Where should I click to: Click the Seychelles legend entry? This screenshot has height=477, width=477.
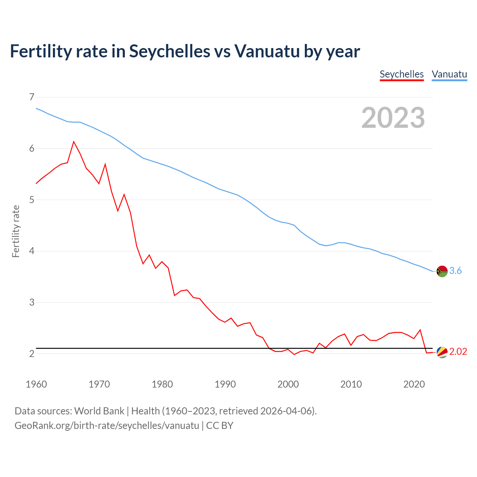(x=401, y=74)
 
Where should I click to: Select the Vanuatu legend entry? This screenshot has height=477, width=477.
(x=449, y=74)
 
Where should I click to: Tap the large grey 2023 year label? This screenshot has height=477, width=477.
(x=393, y=118)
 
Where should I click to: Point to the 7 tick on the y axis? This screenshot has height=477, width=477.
(x=31, y=97)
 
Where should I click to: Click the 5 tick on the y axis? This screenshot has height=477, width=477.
(x=31, y=200)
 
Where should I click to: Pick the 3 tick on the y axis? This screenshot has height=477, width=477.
(x=31, y=302)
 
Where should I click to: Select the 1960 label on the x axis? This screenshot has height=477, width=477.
(x=36, y=384)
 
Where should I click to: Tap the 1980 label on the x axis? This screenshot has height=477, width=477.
(x=162, y=384)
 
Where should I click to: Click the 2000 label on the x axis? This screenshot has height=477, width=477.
(x=288, y=384)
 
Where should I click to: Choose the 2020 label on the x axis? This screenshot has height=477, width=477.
(x=414, y=384)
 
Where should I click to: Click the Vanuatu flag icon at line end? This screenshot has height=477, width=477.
(x=442, y=271)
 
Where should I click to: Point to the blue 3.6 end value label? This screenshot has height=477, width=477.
(x=455, y=271)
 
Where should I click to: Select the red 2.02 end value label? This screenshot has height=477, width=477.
(x=458, y=352)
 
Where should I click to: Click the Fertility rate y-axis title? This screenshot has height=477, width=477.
(x=16, y=231)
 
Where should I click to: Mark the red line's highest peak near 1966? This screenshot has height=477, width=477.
(x=74, y=142)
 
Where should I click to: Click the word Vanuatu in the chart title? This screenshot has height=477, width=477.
(x=267, y=51)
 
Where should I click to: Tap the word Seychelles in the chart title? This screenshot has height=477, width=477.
(x=170, y=51)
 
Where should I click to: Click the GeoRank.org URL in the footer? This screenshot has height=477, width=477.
(x=107, y=426)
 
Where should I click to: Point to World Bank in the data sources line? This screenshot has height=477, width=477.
(x=99, y=411)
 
